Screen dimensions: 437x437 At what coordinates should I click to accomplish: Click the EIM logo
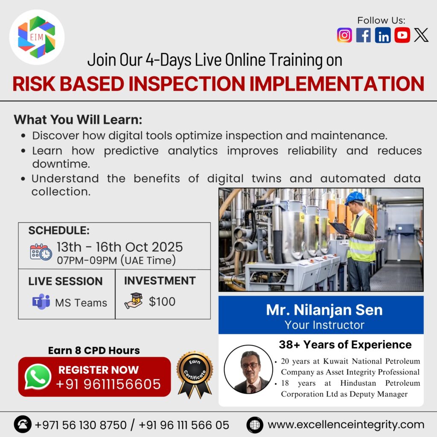(37, 37)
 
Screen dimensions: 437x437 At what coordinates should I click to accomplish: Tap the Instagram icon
(344, 35)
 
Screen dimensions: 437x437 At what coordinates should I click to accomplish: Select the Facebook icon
(364, 35)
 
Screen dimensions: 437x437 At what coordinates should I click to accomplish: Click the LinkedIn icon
(383, 35)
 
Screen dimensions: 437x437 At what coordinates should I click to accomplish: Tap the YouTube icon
(402, 35)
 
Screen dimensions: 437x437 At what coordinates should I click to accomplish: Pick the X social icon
(421, 35)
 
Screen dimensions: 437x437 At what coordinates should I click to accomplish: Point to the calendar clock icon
(41, 252)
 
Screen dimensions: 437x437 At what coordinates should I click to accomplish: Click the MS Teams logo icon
(41, 302)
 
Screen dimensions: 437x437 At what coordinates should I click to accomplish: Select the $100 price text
(162, 302)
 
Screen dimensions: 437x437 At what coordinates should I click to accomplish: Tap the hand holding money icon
(133, 301)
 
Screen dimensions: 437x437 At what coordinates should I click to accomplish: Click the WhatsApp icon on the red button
(38, 376)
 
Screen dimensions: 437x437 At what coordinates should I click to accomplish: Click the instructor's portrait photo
(248, 369)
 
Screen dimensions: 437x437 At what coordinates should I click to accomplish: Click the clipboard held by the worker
(339, 228)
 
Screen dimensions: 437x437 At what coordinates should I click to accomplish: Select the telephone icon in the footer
(23, 425)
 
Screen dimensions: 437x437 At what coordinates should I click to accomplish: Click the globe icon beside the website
(255, 425)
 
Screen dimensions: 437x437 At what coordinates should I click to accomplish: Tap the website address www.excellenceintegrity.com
(346, 425)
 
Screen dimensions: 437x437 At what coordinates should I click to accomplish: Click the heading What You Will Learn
(78, 119)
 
